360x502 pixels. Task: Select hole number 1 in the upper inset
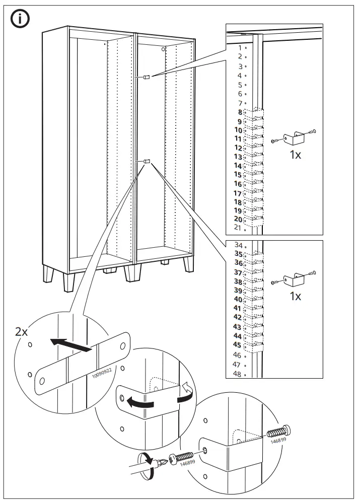(241, 47)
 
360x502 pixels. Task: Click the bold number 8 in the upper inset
(239, 112)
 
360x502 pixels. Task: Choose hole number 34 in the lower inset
(240, 245)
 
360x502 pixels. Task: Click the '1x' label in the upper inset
(295, 155)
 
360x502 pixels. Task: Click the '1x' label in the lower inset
(295, 296)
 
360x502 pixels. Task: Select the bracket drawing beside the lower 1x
(292, 277)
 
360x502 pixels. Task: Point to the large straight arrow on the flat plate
(70, 345)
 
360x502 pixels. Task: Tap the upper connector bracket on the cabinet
(146, 77)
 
